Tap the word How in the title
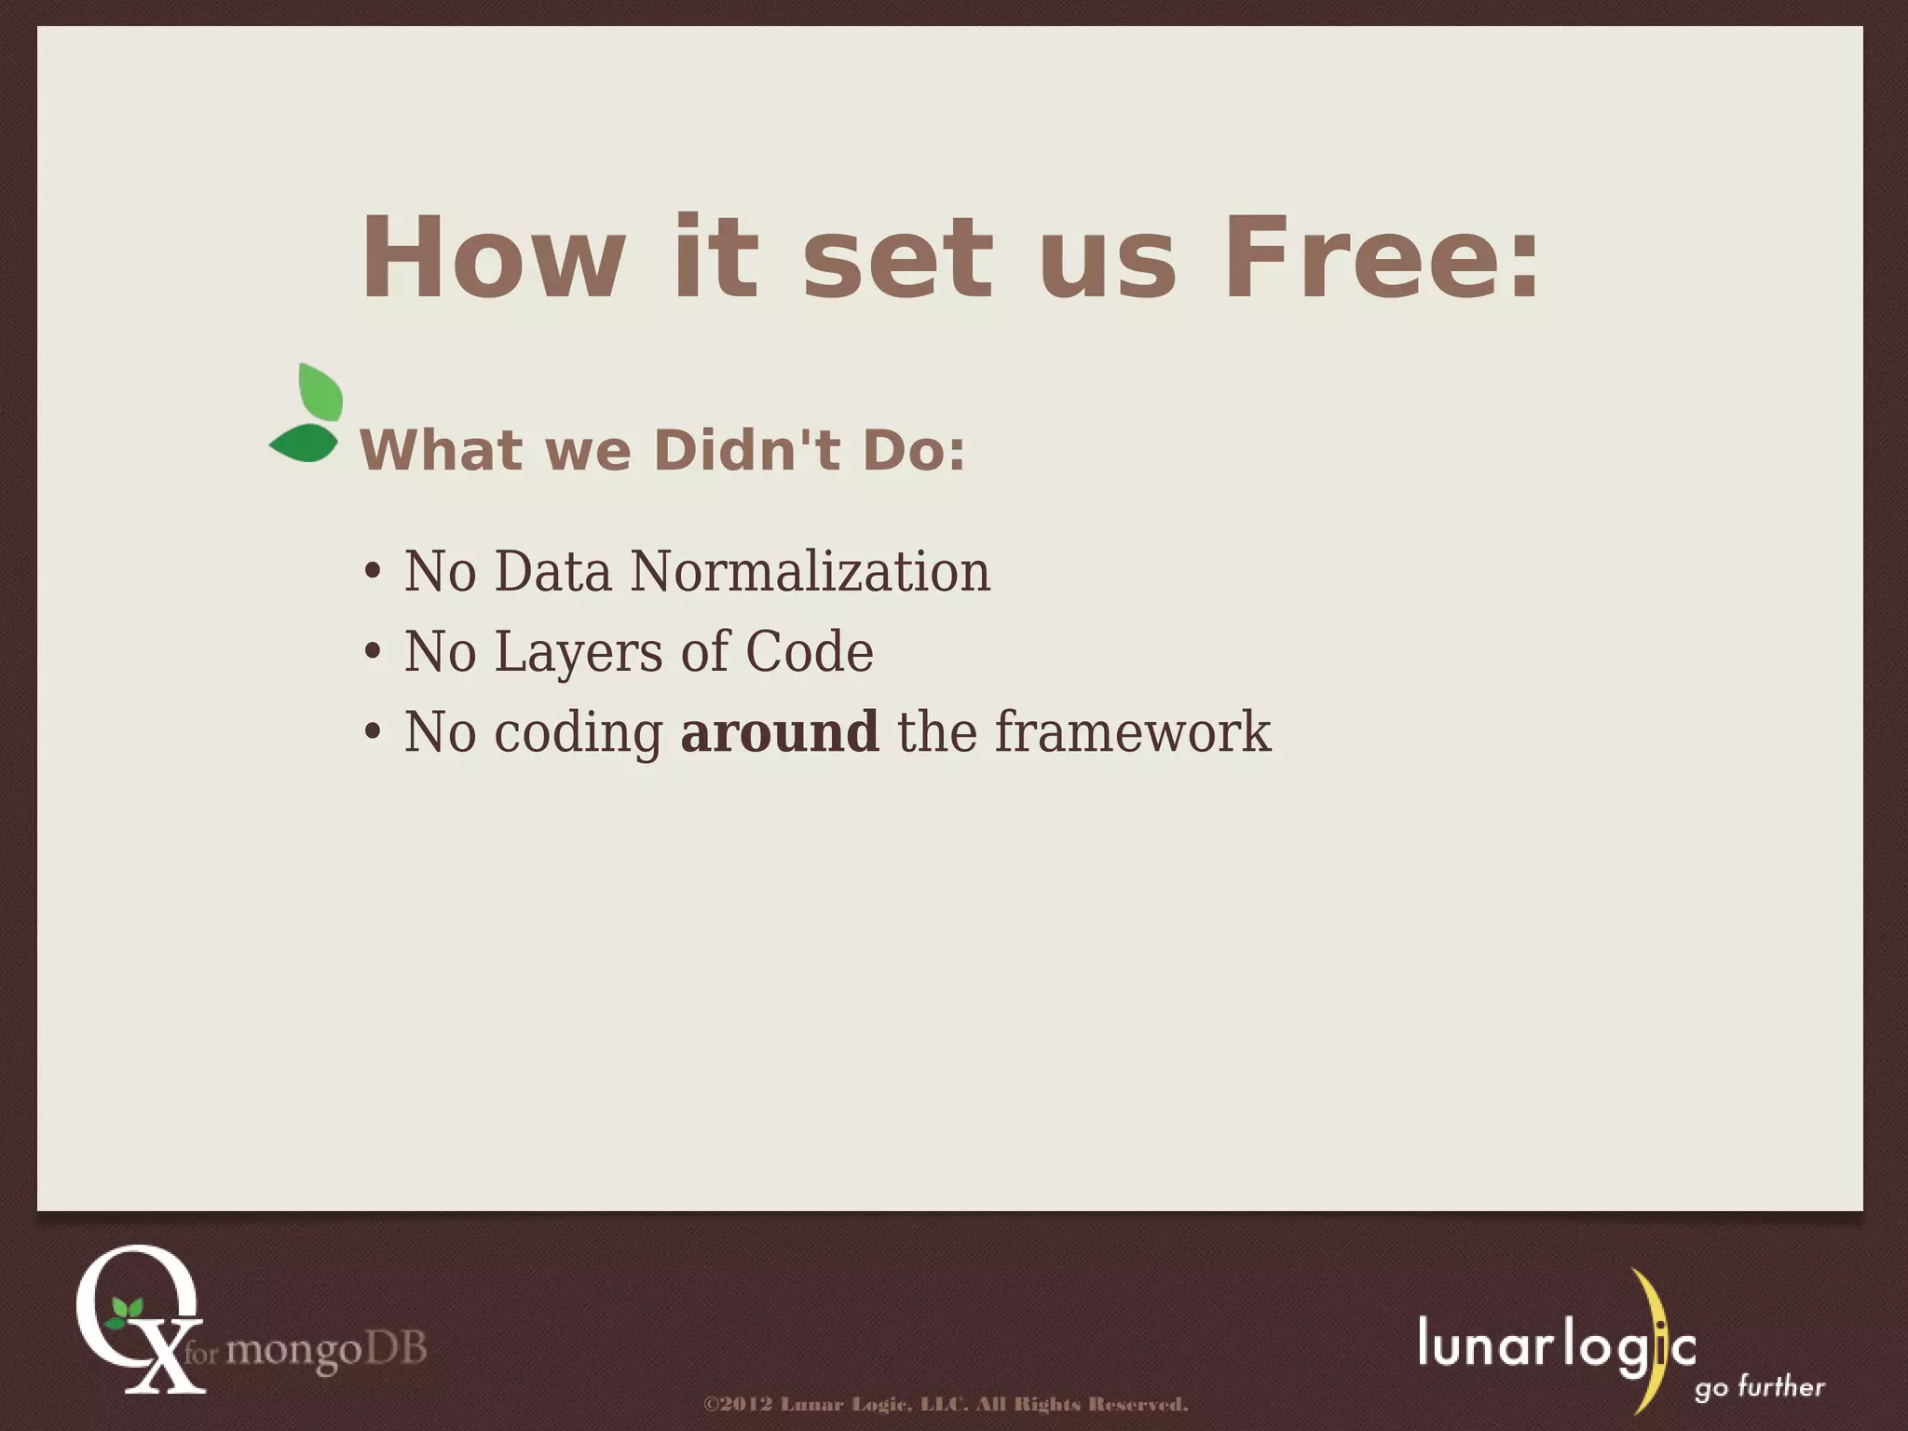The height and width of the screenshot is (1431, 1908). (x=494, y=257)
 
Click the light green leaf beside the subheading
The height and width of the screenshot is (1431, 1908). (x=320, y=392)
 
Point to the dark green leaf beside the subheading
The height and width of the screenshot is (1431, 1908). (x=304, y=443)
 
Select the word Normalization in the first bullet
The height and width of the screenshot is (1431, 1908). (x=810, y=571)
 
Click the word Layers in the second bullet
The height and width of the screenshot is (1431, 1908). (x=579, y=652)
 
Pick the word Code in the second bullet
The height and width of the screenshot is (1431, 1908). (x=809, y=651)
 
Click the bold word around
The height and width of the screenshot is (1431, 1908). (x=779, y=731)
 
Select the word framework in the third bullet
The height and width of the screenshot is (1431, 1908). (x=1132, y=731)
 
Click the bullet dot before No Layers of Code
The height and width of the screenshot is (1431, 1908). (x=373, y=652)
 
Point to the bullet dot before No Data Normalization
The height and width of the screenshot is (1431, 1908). (x=373, y=571)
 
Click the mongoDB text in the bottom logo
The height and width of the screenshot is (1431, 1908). (x=325, y=1348)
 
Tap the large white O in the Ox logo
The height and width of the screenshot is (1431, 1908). (x=136, y=1295)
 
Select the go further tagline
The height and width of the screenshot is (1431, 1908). (x=1759, y=1387)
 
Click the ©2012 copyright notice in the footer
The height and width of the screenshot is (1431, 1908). (x=946, y=1404)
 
